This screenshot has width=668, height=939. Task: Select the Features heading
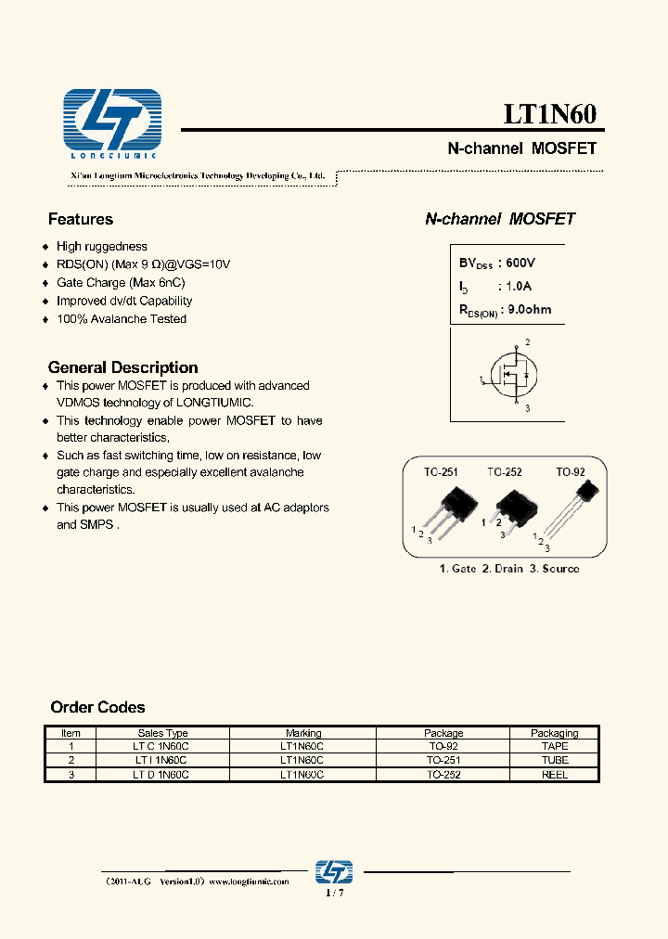coord(81,219)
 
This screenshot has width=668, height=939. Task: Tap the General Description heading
coord(122,367)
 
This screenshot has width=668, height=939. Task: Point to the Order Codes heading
coord(97,707)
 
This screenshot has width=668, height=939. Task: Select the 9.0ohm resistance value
coord(526,310)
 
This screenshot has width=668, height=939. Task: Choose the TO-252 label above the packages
coord(505,472)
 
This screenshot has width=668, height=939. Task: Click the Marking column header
coord(303,733)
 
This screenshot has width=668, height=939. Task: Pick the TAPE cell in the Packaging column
coord(554,746)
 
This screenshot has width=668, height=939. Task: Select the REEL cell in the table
coord(554,774)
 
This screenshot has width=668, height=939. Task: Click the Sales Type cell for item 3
coord(162,774)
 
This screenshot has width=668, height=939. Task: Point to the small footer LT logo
coord(334,872)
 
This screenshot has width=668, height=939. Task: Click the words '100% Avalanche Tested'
coord(122,319)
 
